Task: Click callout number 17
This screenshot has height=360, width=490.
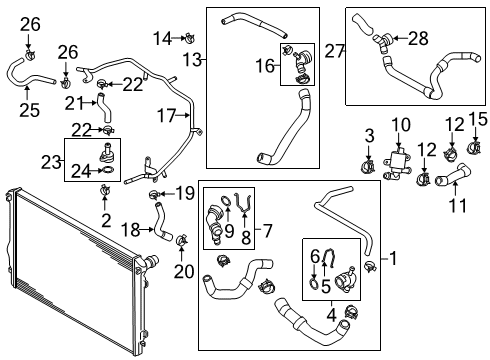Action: click(166, 116)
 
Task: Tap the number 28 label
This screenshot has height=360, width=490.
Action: click(418, 38)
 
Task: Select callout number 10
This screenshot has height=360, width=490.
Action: click(401, 125)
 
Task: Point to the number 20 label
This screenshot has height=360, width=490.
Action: click(184, 271)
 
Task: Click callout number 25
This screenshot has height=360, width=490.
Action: click(29, 110)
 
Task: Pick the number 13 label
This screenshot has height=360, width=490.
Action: click(192, 60)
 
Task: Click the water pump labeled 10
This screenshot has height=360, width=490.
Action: click(396, 164)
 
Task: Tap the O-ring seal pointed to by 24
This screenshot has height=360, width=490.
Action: click(107, 170)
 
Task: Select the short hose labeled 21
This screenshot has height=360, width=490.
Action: click(104, 108)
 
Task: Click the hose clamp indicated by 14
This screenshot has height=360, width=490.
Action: click(190, 38)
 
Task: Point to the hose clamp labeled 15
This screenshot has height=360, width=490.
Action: click(475, 146)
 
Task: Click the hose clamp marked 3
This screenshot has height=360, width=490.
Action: click(368, 165)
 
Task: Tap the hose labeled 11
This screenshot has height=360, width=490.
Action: click(453, 175)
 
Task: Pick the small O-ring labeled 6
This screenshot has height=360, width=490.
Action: click(314, 282)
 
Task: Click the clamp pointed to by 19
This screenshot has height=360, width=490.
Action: click(154, 194)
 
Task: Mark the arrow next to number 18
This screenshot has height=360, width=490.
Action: click(147, 229)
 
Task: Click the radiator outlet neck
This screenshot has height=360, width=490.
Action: click(152, 260)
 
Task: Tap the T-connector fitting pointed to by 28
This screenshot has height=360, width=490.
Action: click(382, 42)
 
